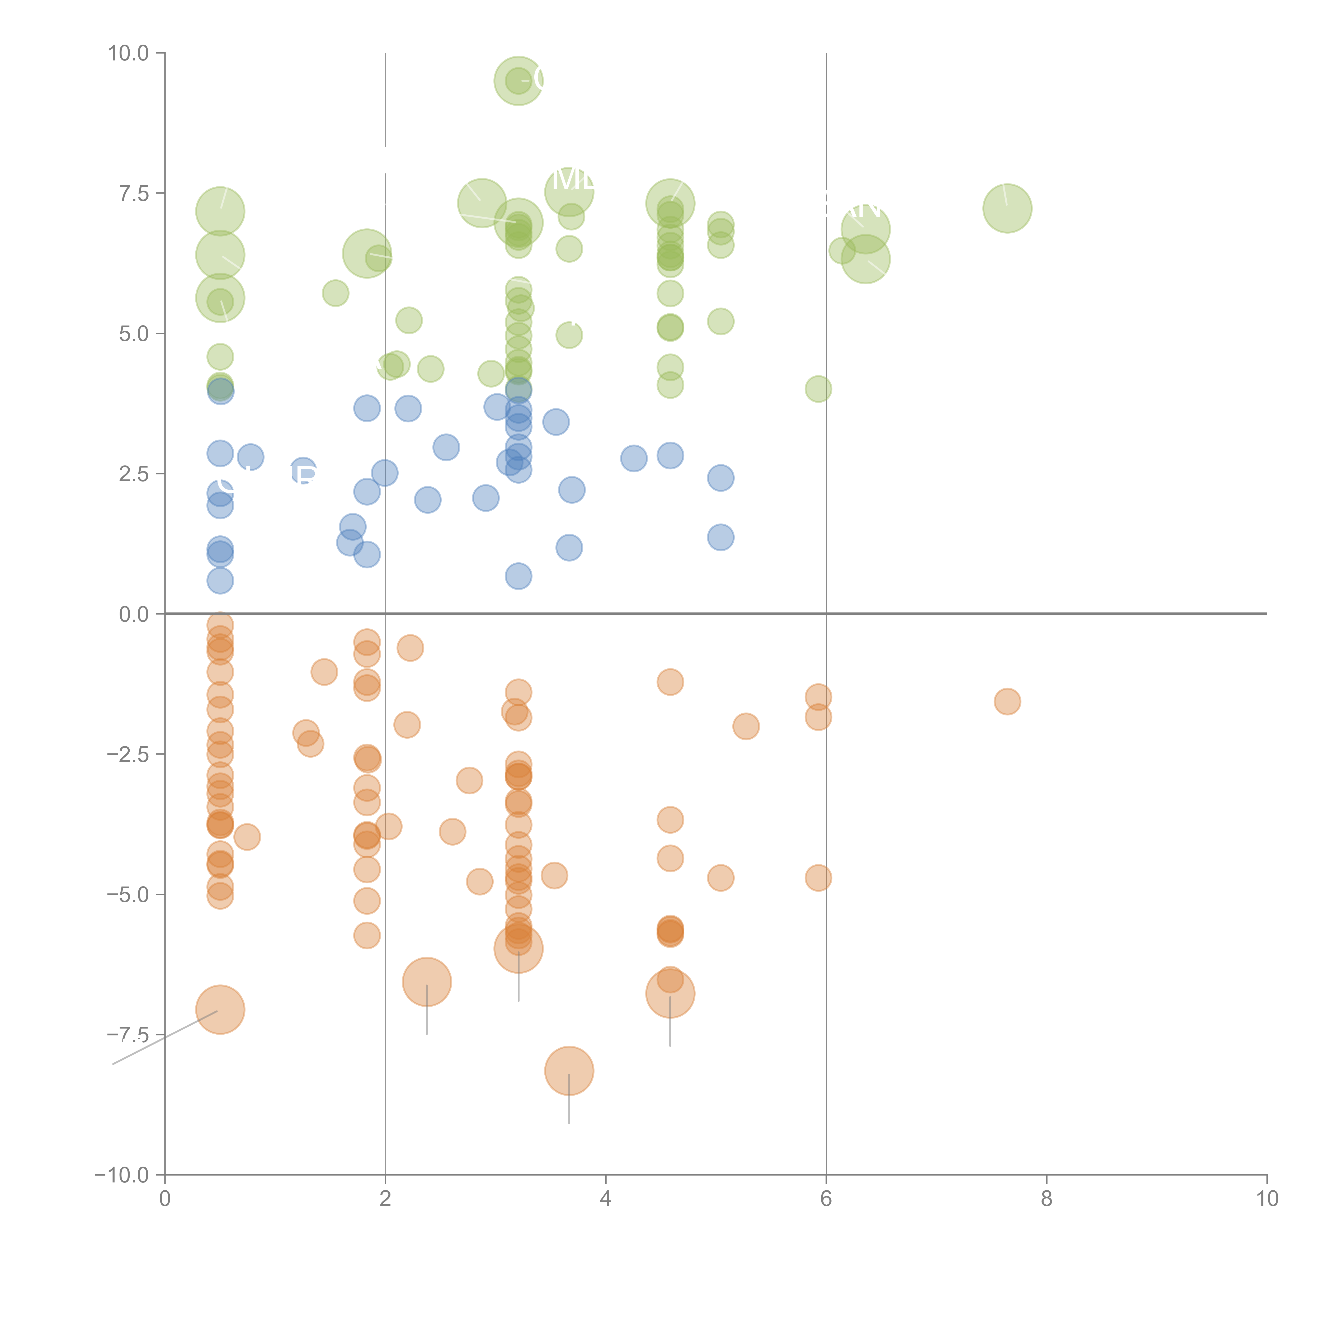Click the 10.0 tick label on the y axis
click(x=129, y=53)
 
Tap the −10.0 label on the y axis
click(x=122, y=1175)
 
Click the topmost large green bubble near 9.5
click(x=518, y=81)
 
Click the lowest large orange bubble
click(x=569, y=1071)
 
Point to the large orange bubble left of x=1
click(x=220, y=1010)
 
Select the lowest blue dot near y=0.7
click(x=518, y=576)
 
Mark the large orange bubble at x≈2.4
click(x=427, y=982)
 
